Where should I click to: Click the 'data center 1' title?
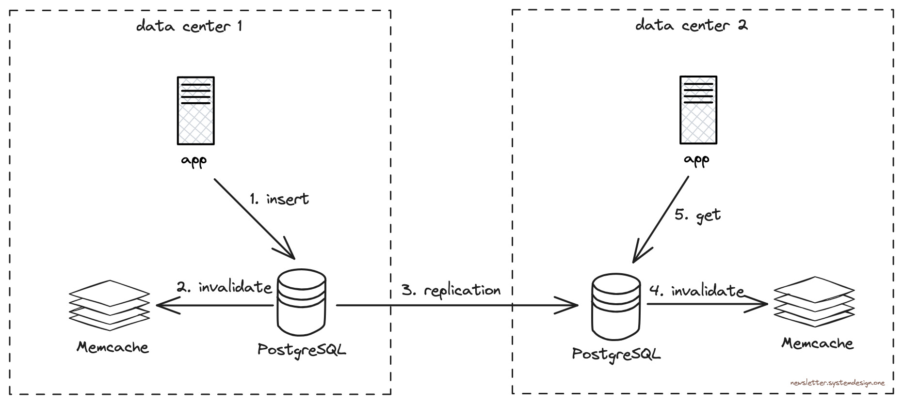click(189, 26)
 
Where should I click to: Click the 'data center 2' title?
click(691, 25)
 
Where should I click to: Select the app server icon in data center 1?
click(196, 110)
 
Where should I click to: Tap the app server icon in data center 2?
click(698, 110)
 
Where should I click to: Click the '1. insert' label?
click(279, 199)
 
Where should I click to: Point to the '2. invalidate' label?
click(224, 287)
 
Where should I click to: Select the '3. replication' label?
click(451, 290)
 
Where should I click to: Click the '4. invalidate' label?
click(696, 291)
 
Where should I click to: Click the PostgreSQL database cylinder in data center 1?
click(302, 302)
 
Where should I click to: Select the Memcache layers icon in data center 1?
click(109, 305)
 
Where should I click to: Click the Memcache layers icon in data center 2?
click(814, 302)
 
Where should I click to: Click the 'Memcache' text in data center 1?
click(113, 347)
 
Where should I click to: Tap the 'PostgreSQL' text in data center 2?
click(616, 354)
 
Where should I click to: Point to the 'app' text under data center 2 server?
click(696, 159)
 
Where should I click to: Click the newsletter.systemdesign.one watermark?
click(837, 383)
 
